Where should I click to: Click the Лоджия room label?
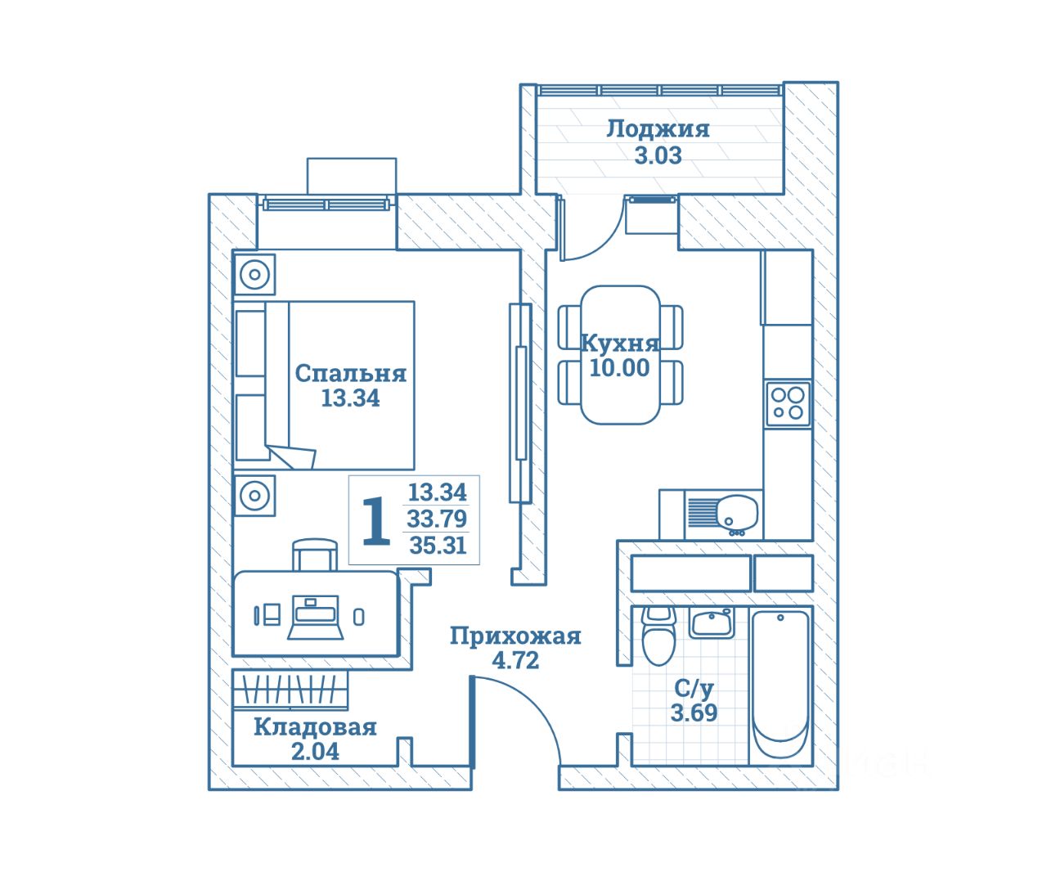click(x=658, y=128)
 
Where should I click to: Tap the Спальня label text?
click(x=350, y=373)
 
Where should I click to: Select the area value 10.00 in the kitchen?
click(x=619, y=368)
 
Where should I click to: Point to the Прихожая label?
click(x=515, y=636)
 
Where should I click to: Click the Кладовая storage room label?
click(x=315, y=726)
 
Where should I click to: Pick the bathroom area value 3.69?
click(x=694, y=712)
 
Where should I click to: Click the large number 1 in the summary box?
click(x=375, y=520)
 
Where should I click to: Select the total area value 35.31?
click(x=438, y=545)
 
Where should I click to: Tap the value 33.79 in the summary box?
click(x=437, y=519)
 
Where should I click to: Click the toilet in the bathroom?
click(x=658, y=637)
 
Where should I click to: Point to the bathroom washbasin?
click(x=710, y=623)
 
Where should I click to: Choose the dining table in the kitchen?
click(x=620, y=354)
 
